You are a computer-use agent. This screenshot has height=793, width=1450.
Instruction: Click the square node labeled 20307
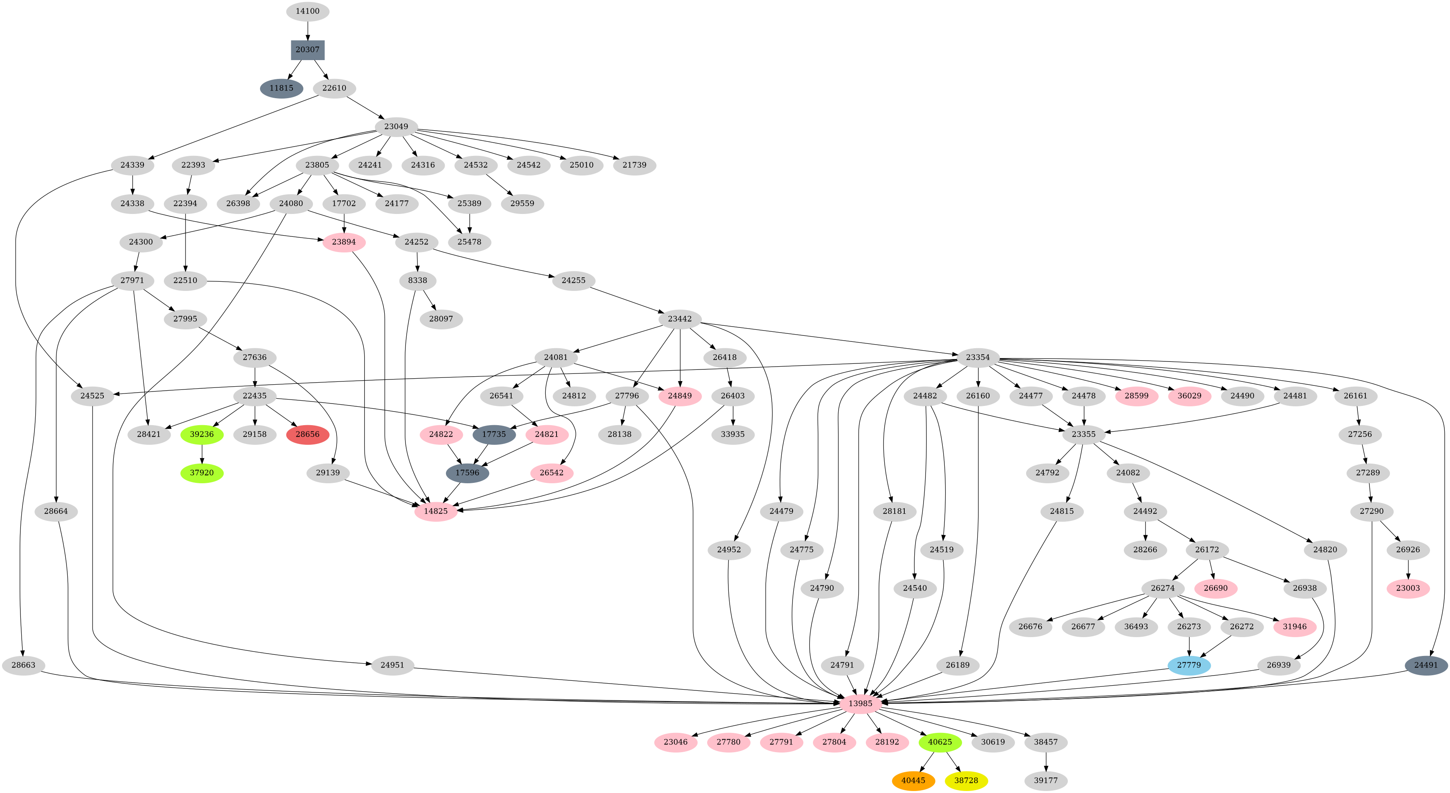pyautogui.click(x=307, y=50)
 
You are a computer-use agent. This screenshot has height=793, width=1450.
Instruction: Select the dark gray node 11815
pyautogui.click(x=281, y=89)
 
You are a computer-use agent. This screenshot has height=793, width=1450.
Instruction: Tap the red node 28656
pyautogui.click(x=307, y=434)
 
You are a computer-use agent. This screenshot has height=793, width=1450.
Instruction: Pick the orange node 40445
pyautogui.click(x=913, y=781)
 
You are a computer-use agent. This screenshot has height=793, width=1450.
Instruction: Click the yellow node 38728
pyautogui.click(x=966, y=781)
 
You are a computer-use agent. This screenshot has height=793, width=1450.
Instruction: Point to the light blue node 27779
pyautogui.click(x=1189, y=665)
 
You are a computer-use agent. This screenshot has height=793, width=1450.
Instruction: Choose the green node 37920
pyautogui.click(x=202, y=473)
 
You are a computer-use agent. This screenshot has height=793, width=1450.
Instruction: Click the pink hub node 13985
pyautogui.click(x=860, y=704)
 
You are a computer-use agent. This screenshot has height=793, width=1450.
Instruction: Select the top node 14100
pyautogui.click(x=307, y=11)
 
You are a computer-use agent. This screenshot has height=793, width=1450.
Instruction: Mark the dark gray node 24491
pyautogui.click(x=1426, y=665)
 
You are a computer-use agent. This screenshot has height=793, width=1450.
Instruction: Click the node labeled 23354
pyautogui.click(x=978, y=357)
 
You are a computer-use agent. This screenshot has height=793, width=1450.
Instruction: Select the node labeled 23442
pyautogui.click(x=680, y=319)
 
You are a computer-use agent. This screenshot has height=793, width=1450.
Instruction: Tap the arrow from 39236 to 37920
pyautogui.click(x=202, y=454)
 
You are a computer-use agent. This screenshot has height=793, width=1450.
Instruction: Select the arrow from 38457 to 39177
pyautogui.click(x=1046, y=761)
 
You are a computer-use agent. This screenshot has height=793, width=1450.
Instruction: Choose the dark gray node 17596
pyautogui.click(x=467, y=473)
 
